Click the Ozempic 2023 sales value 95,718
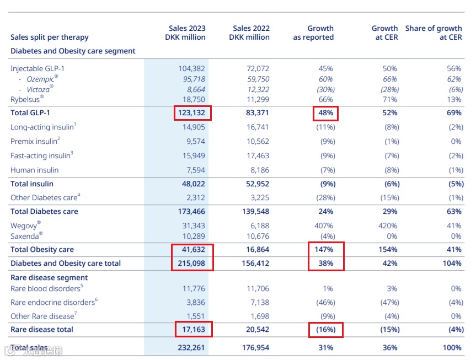click(192, 79)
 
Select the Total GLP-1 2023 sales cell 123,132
click(192, 113)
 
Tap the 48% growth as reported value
click(324, 113)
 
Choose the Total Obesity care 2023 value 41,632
click(193, 250)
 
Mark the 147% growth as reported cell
click(325, 250)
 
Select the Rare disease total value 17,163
click(193, 329)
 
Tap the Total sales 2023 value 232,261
click(192, 347)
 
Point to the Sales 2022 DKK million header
click(249, 33)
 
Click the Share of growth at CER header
click(434, 33)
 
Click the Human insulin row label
click(34, 170)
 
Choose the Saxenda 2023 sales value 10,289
click(193, 235)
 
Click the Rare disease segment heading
click(49, 277)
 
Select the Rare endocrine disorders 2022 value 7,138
click(258, 302)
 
